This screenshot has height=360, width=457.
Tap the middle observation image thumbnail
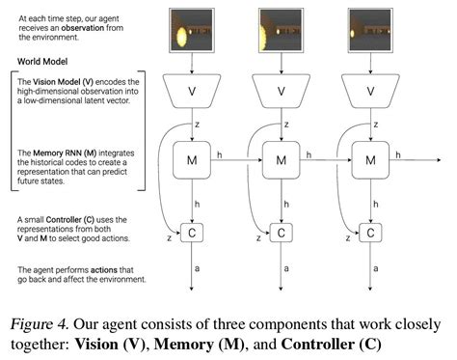(x=282, y=29)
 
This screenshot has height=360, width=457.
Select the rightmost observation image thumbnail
(x=369, y=29)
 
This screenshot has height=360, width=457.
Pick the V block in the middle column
(x=282, y=92)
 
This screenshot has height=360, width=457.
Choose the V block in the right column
(x=369, y=92)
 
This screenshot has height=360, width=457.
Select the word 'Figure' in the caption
(x=42, y=321)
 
